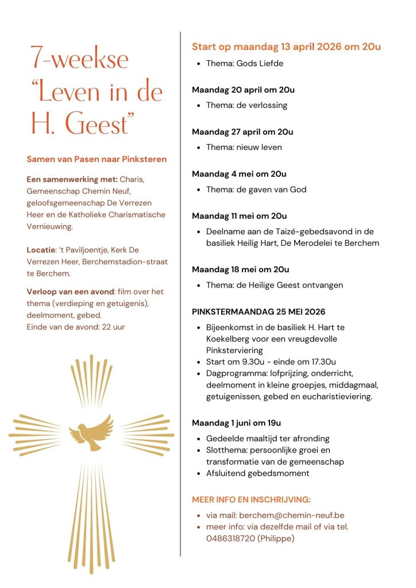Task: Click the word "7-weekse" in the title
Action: click(80, 60)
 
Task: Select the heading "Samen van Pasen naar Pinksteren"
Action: click(97, 159)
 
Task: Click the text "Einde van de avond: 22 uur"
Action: click(75, 327)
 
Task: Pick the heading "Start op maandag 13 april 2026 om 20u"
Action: click(286, 47)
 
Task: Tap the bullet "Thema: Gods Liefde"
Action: click(243, 63)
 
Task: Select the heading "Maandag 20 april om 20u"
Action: click(243, 90)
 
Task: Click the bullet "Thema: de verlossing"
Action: click(246, 105)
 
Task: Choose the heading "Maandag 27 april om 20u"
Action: click(242, 131)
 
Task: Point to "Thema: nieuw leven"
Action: click(244, 147)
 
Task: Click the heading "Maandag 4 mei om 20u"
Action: click(239, 174)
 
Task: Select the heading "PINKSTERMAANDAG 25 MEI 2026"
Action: click(259, 312)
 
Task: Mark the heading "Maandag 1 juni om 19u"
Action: click(236, 423)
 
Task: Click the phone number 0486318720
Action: click(229, 538)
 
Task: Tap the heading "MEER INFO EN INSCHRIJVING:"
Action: click(251, 500)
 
